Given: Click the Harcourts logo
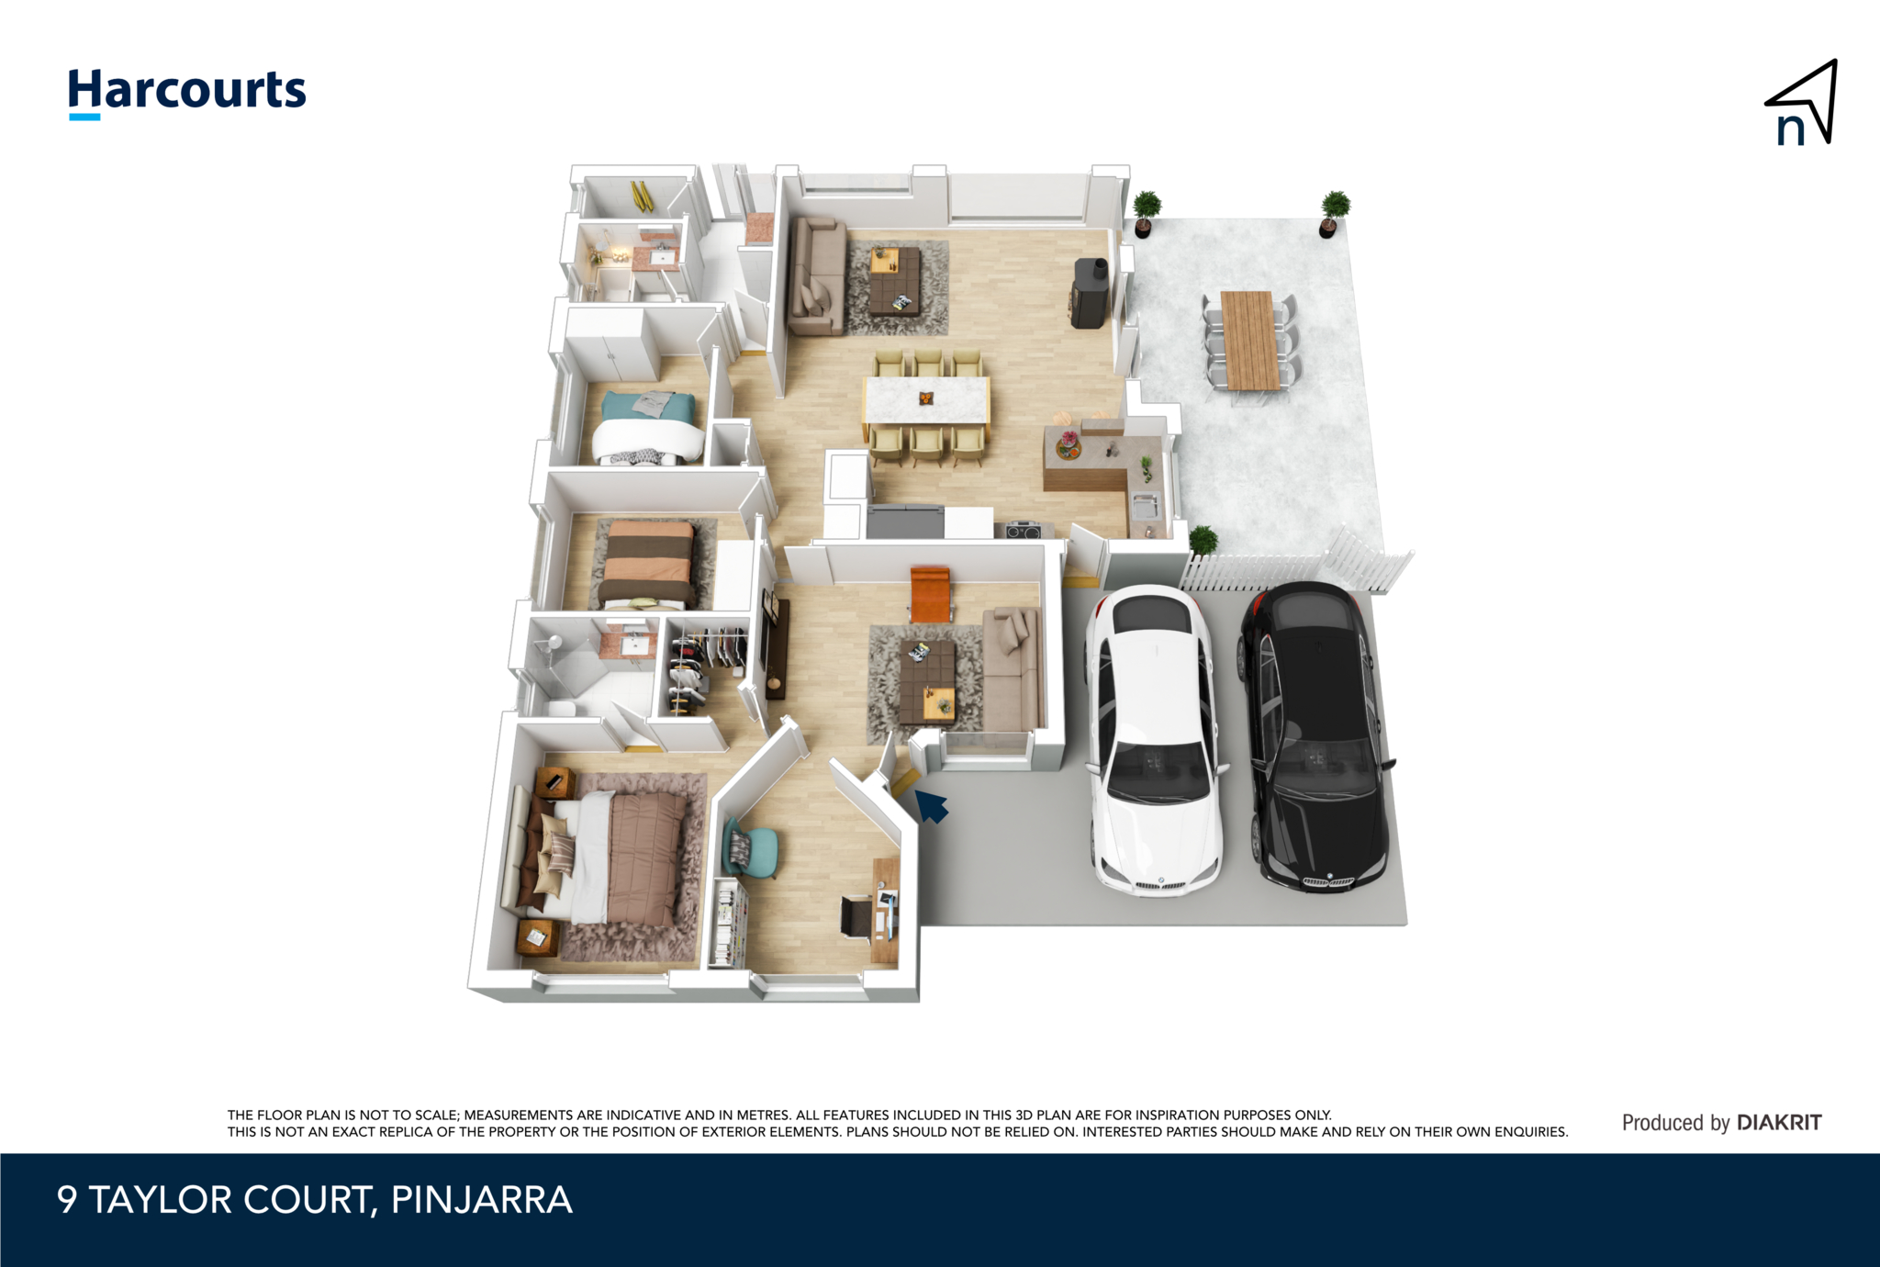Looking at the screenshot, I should click(x=187, y=92).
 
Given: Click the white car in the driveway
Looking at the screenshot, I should click(x=1154, y=739).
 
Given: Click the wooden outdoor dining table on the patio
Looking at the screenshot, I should click(x=1249, y=340).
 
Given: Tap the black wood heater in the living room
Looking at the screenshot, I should click(x=1090, y=294).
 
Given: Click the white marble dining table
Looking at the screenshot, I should click(x=926, y=400).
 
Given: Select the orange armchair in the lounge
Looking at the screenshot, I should click(x=930, y=593).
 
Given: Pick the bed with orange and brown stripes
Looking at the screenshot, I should click(x=647, y=564).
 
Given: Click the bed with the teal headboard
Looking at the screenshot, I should click(x=647, y=426).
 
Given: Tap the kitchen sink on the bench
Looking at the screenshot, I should click(x=1145, y=504).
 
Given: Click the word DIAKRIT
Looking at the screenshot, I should click(x=1779, y=1122).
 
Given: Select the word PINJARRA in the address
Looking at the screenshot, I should click(x=481, y=1200).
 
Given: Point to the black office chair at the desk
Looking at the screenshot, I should click(x=856, y=917).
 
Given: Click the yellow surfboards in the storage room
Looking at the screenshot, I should click(x=642, y=196).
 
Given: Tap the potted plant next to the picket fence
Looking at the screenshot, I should click(x=1203, y=541).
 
